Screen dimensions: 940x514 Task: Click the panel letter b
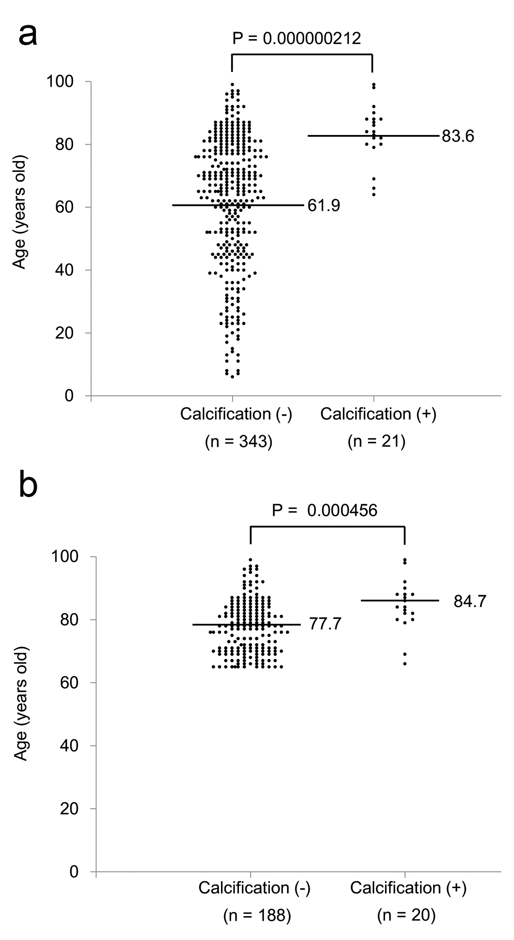click(29, 486)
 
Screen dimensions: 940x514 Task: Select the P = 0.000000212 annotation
click(296, 39)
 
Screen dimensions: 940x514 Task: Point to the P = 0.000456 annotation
click(324, 510)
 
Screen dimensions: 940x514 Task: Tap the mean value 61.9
click(324, 205)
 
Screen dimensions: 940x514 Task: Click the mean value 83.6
click(458, 137)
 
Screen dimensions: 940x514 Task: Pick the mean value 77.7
click(325, 624)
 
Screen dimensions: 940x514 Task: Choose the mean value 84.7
click(470, 602)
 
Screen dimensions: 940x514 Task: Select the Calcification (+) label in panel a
click(378, 414)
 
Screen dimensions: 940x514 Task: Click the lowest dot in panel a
click(232, 377)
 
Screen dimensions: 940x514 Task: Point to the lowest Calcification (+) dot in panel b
click(405, 664)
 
